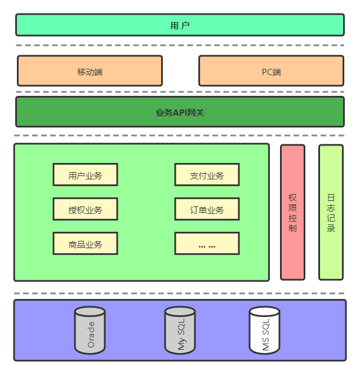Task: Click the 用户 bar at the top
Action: pos(180,25)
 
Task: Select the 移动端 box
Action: pos(90,71)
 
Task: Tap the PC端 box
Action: pos(271,71)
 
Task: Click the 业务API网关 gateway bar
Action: pos(180,112)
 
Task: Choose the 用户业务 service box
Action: pos(86,175)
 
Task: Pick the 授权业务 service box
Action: pos(86,209)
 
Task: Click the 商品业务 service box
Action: pos(86,244)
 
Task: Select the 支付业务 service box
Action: pos(207,175)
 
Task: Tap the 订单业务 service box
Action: pos(207,209)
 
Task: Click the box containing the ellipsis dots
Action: pos(207,244)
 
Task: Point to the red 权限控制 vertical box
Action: pos(292,213)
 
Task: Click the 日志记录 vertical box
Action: pos(331,213)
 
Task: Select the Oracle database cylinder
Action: pos(90,331)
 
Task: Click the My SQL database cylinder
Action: pos(180,331)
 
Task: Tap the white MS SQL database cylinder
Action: pos(265,331)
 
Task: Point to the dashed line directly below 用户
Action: pos(180,45)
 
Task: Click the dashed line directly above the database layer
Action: pos(180,293)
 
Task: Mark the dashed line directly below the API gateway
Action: pos(180,135)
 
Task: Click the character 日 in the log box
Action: pos(331,198)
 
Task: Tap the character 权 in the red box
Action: pos(292,198)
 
